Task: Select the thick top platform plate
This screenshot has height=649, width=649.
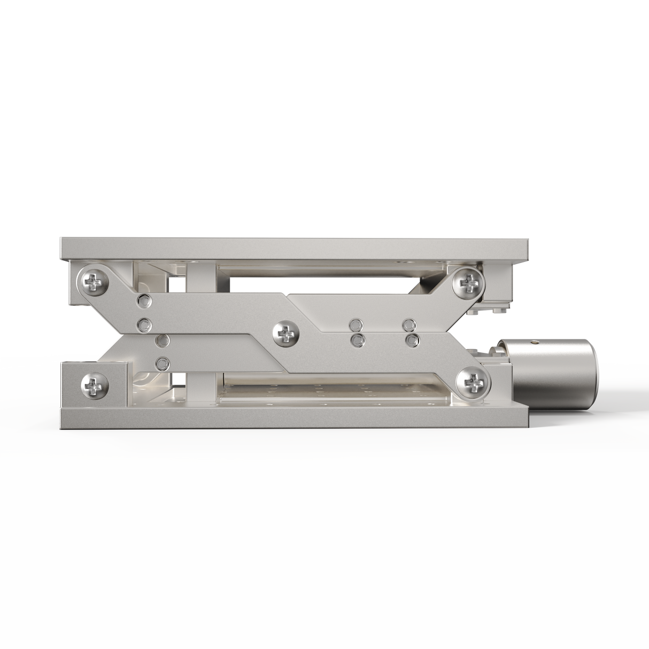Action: pyautogui.click(x=294, y=247)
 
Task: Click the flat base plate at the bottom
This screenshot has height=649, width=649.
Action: pyautogui.click(x=294, y=419)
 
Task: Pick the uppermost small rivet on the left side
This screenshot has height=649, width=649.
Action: pyautogui.click(x=143, y=302)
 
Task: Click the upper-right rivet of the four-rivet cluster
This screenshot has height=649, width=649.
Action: pyautogui.click(x=408, y=323)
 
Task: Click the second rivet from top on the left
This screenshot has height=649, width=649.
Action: pyautogui.click(x=143, y=324)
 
